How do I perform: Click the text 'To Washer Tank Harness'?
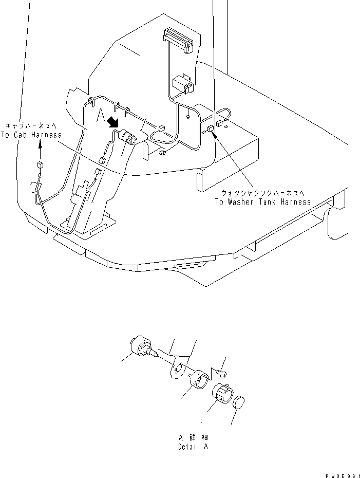[x=262, y=202]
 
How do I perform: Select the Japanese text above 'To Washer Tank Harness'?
[x=262, y=193]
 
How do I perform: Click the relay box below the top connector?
[x=182, y=84]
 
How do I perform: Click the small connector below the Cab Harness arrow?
[x=40, y=166]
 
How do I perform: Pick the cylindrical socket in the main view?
[x=128, y=138]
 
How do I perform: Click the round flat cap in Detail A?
[x=239, y=402]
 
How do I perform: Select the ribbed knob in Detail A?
[x=222, y=394]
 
